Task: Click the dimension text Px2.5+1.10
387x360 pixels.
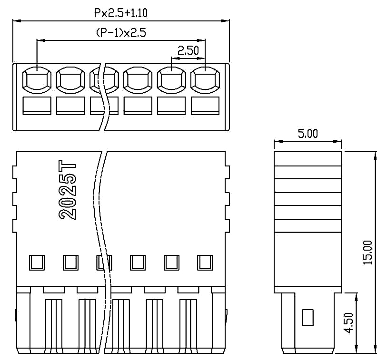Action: pyautogui.click(x=120, y=13)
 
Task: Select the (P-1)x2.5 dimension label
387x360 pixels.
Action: pyautogui.click(x=120, y=33)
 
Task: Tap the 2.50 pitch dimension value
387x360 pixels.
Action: pyautogui.click(x=188, y=50)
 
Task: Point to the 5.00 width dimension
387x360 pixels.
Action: pyautogui.click(x=308, y=134)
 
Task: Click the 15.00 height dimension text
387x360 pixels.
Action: pyautogui.click(x=368, y=252)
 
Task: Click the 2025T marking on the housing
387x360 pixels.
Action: pyautogui.click(x=68, y=190)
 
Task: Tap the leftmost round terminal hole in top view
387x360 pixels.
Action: pyautogui.click(x=37, y=79)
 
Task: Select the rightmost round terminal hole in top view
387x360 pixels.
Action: pyautogui.click(x=205, y=79)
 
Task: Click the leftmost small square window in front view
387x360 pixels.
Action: pyautogui.click(x=37, y=262)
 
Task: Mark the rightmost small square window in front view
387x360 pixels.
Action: pyautogui.click(x=205, y=262)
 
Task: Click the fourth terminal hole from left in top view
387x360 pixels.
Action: pyautogui.click(x=138, y=79)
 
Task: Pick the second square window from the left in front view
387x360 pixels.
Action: pyautogui.click(x=70, y=262)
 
